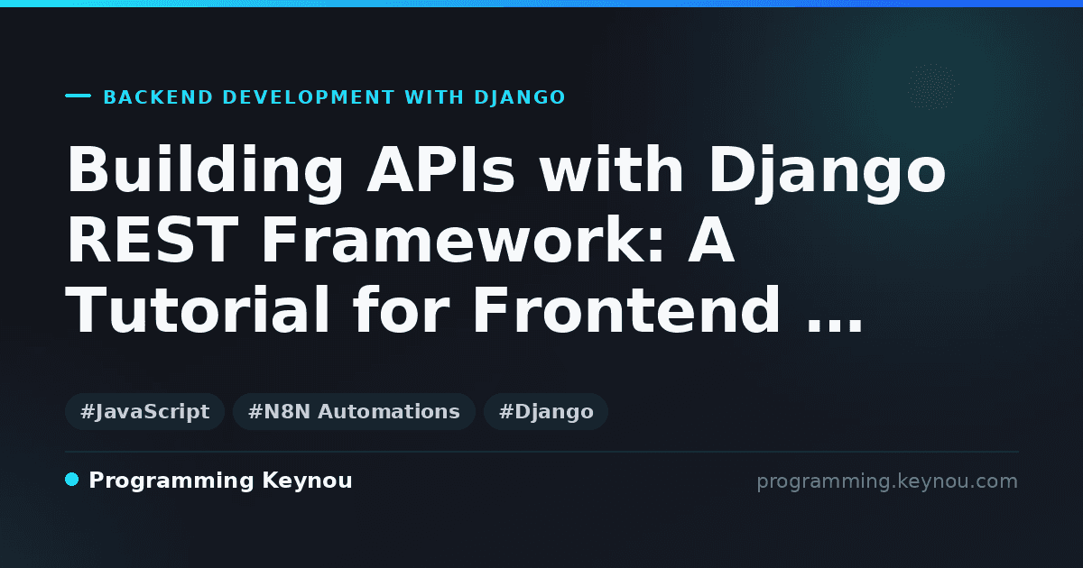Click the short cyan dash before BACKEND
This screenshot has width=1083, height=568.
[x=78, y=96]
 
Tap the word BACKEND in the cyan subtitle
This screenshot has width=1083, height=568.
[x=159, y=97]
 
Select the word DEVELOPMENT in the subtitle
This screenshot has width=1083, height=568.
[x=309, y=97]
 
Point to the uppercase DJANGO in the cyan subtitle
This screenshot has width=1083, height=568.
[x=520, y=97]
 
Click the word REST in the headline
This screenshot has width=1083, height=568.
[x=153, y=240]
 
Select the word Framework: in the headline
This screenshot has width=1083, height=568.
[x=460, y=240]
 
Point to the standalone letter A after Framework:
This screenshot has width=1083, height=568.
[x=711, y=240]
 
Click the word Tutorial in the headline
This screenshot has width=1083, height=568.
[x=198, y=309]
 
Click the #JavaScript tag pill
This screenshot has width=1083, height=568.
[x=144, y=411]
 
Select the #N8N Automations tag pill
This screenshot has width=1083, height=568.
[x=354, y=411]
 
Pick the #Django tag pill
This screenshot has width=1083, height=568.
[x=546, y=411]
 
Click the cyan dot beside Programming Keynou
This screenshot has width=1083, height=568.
[x=71, y=480]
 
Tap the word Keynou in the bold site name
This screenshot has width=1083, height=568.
[x=307, y=481]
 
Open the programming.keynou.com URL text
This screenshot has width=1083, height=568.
[x=887, y=481]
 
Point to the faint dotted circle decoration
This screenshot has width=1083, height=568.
[x=932, y=87]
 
